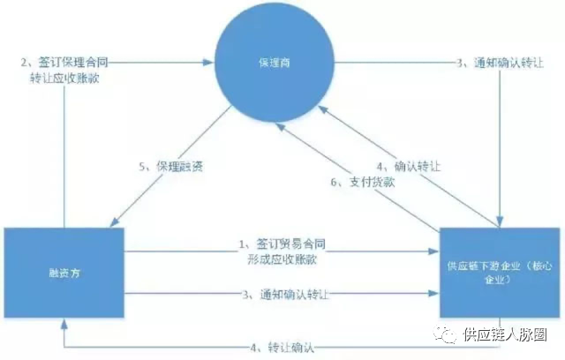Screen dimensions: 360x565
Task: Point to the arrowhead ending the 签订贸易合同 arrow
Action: click(435, 250)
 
